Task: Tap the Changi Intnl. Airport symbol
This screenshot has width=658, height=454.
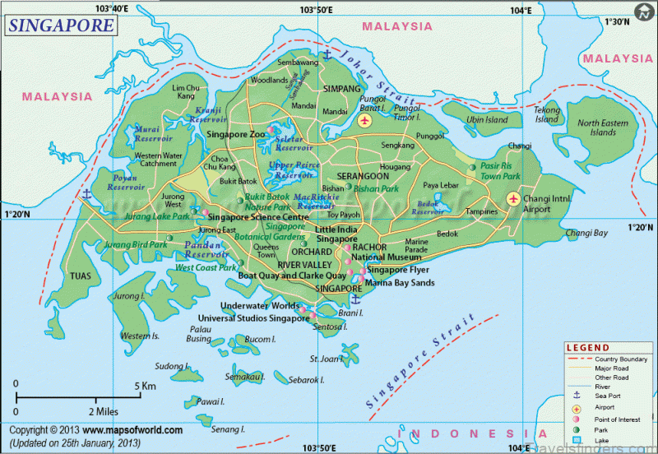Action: pyautogui.click(x=513, y=198)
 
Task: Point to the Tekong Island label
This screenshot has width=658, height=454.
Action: pyautogui.click(x=547, y=114)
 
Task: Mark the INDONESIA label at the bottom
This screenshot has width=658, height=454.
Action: pyautogui.click(x=463, y=433)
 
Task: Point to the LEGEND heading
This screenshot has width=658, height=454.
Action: pyautogui.click(x=588, y=348)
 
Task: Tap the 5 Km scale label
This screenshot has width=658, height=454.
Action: pyautogui.click(x=146, y=385)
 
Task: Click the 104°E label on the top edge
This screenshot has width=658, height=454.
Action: pyautogui.click(x=520, y=9)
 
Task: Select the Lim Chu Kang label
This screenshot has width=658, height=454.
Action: pyautogui.click(x=186, y=91)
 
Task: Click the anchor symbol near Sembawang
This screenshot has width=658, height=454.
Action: pyautogui.click(x=326, y=55)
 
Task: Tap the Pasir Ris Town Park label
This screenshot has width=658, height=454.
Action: pyautogui.click(x=501, y=171)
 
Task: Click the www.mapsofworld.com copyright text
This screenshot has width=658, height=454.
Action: pyautogui.click(x=132, y=429)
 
